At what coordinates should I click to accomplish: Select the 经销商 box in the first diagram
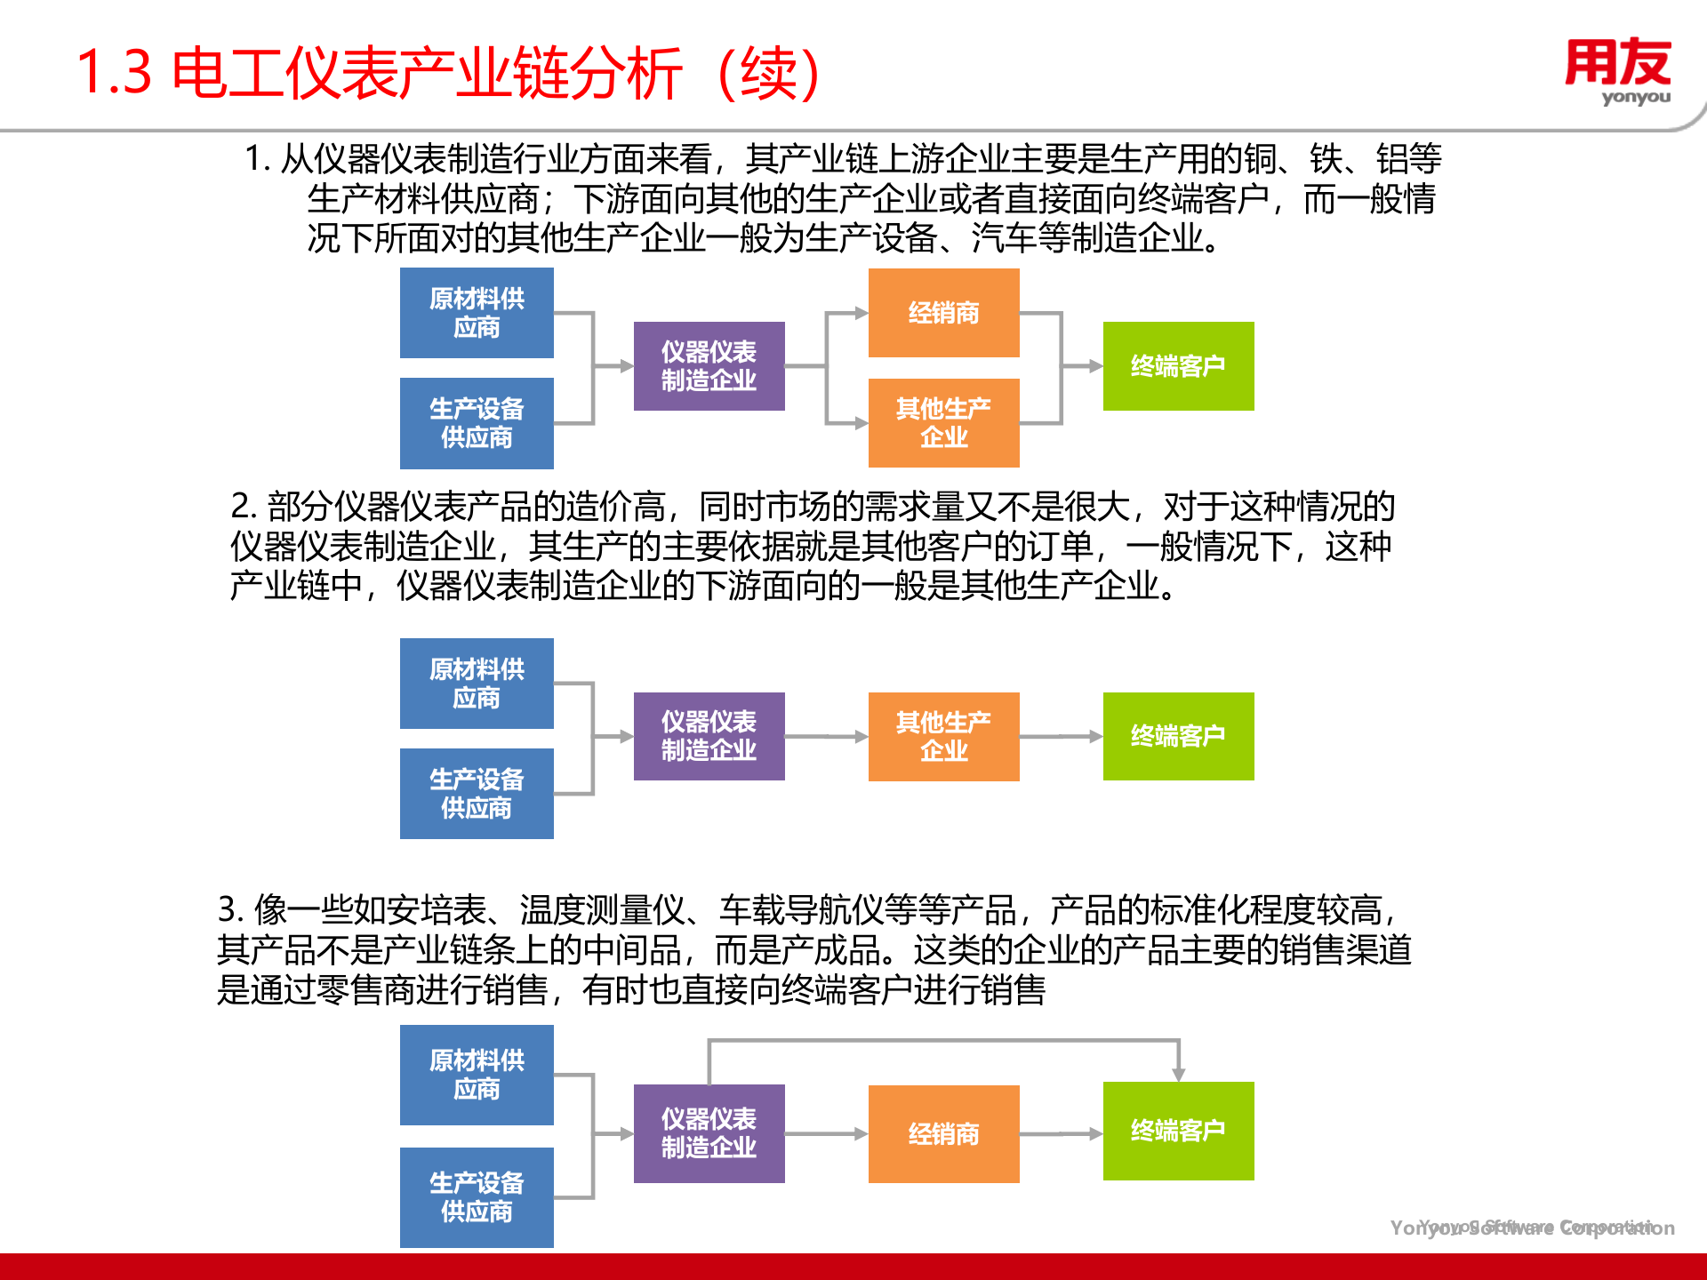point(943,313)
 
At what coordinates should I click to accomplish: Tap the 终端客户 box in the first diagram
point(1178,365)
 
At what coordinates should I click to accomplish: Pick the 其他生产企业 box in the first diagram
point(943,422)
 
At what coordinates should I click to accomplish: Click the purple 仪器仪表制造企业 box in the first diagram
point(709,365)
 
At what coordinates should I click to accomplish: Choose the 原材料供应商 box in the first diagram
point(477,313)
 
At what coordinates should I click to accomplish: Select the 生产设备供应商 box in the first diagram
point(477,423)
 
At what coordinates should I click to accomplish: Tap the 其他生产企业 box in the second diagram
point(943,736)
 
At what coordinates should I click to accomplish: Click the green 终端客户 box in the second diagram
point(1178,736)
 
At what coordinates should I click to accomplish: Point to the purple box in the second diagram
point(709,736)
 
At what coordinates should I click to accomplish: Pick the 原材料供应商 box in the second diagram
point(477,683)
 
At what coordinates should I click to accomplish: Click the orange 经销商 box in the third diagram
point(943,1133)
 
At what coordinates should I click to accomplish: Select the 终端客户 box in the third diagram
point(1178,1131)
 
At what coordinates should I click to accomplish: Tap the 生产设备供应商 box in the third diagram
point(477,1196)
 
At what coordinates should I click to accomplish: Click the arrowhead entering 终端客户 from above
point(1178,1074)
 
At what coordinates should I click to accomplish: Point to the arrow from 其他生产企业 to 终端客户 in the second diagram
point(1061,736)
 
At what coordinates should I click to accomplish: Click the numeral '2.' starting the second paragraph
point(244,507)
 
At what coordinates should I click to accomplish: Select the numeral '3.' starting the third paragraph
point(230,910)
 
